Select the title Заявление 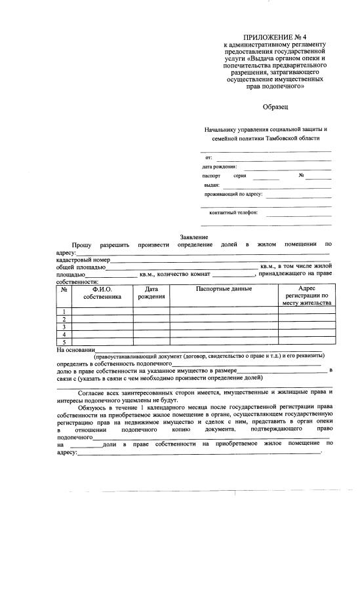194,237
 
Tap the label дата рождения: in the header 220,167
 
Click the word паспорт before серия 212,176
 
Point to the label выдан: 212,185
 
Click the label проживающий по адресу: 233,195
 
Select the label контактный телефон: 233,213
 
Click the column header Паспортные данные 224,289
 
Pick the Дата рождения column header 151,293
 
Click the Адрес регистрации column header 307,296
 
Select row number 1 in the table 64,311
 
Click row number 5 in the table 64,342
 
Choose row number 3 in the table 64,326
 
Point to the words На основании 76,349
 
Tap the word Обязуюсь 94,407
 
